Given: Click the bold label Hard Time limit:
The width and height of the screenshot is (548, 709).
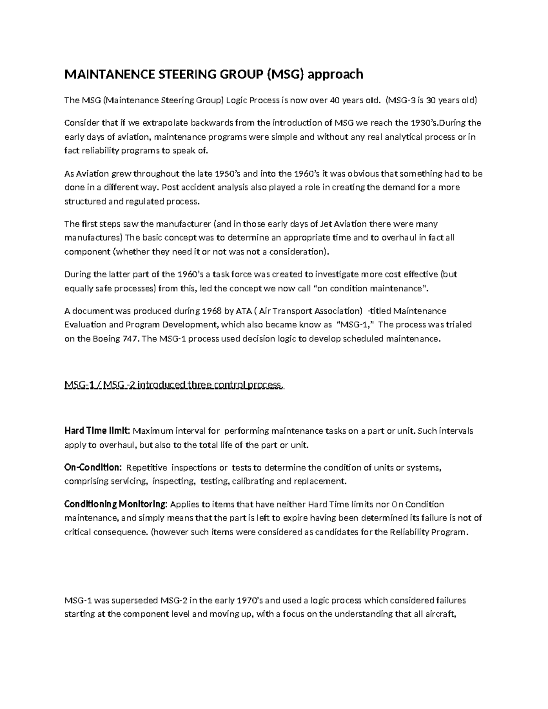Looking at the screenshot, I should click(x=98, y=431).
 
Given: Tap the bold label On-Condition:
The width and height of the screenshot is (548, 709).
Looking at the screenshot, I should click(x=93, y=467).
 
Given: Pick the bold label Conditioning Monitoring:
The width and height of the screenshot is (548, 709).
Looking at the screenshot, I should click(x=116, y=504).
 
